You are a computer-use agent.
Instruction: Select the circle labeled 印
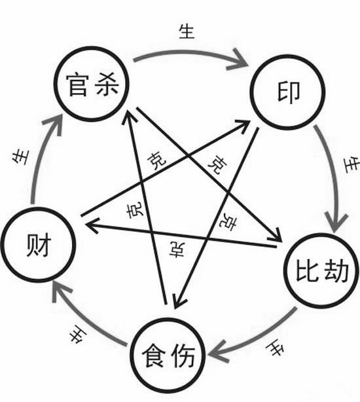point(283,91)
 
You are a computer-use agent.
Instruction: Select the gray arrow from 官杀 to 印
point(190,57)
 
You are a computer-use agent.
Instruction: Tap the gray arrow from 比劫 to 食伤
point(262,337)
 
